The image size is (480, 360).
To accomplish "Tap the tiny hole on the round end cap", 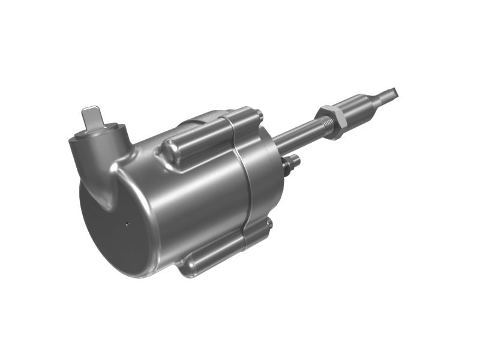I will [x=128, y=224].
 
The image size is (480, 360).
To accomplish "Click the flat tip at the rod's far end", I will [x=391, y=92].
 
